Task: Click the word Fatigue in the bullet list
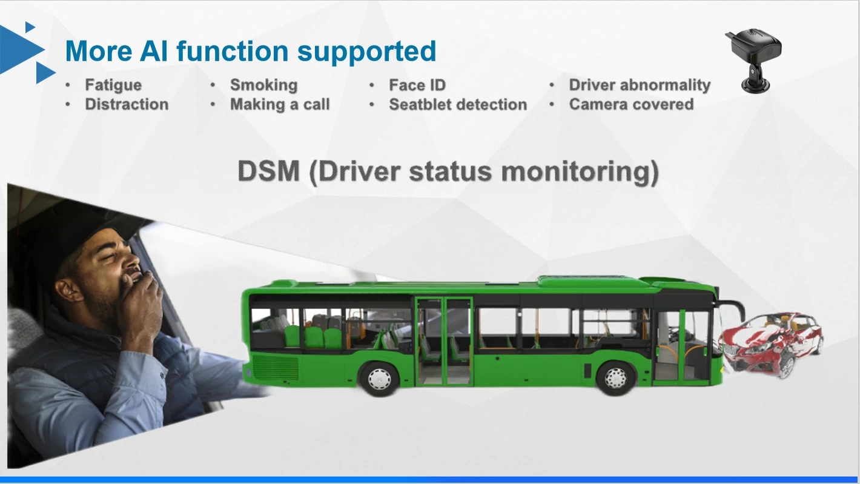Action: click(113, 85)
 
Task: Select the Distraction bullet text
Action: click(127, 104)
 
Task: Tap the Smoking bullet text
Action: click(264, 85)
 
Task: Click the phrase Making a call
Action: click(280, 104)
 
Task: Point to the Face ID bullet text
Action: click(417, 85)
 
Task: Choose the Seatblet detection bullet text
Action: click(458, 104)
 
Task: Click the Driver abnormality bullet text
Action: click(640, 85)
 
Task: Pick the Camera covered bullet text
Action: click(631, 104)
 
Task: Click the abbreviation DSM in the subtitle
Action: click(269, 171)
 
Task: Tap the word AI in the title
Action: click(154, 51)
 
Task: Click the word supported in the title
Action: click(366, 52)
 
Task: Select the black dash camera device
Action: click(753, 60)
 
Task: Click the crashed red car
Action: click(772, 345)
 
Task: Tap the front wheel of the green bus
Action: click(615, 379)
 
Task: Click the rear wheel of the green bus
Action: click(380, 379)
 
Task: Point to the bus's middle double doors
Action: click(444, 341)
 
